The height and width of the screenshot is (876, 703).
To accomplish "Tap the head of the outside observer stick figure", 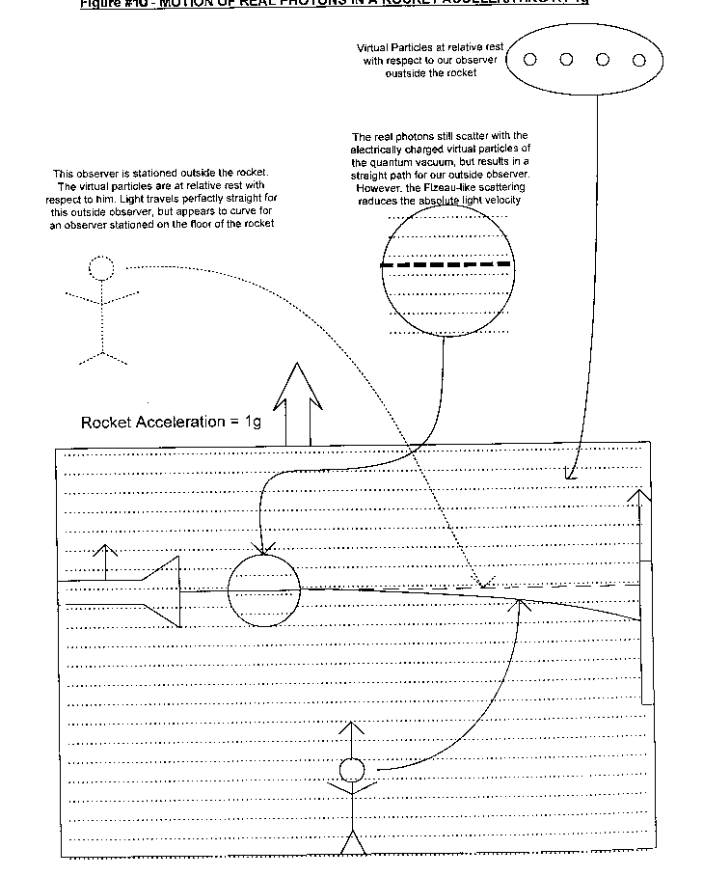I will click(x=100, y=268).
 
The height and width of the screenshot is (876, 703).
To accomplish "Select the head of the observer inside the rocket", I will click(x=352, y=770).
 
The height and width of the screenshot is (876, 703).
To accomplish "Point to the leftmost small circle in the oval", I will click(x=530, y=59).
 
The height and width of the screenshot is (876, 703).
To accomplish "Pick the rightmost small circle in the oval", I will click(x=638, y=59).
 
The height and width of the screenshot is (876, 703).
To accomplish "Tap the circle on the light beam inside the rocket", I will click(x=263, y=590).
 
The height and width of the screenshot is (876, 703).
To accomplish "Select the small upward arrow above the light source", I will click(x=106, y=560).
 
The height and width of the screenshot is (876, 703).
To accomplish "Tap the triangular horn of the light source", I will click(x=164, y=590).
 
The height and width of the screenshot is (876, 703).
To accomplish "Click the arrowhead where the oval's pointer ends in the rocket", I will click(x=569, y=475).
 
